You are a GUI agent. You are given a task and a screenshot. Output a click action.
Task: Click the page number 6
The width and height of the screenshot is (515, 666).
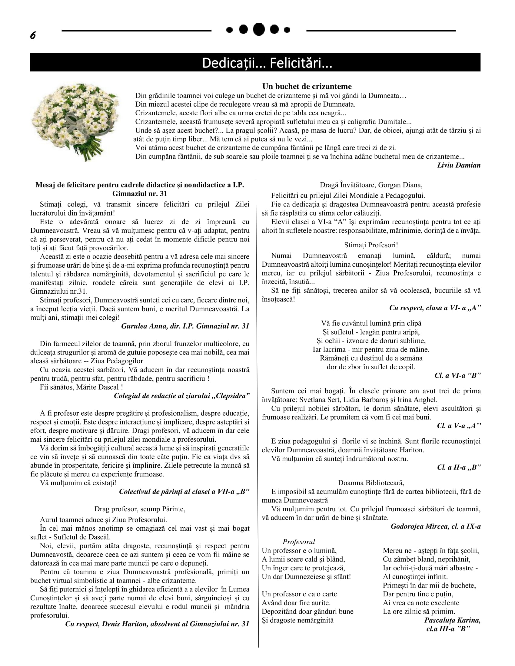coord(33,36)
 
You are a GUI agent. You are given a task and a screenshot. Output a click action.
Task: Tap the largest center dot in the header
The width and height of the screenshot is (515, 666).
coord(259,29)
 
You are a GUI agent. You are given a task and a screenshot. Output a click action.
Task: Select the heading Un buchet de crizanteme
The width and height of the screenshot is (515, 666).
coord(307,86)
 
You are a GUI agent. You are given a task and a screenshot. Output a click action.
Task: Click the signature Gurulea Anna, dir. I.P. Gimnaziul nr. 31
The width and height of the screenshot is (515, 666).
coord(185,326)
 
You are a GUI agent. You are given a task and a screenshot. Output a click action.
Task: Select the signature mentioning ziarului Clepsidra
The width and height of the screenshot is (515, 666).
coord(181,396)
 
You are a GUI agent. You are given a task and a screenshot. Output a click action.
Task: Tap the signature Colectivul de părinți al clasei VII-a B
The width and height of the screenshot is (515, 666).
coord(184,492)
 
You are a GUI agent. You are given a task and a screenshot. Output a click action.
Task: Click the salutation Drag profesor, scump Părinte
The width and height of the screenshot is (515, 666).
coord(140,509)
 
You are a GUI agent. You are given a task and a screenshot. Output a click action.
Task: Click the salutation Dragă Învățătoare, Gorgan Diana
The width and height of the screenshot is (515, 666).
coord(371,185)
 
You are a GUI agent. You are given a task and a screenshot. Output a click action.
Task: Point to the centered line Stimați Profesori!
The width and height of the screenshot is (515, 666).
coord(371,245)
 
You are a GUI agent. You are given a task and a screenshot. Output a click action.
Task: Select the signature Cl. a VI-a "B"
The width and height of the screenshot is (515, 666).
coord(457,375)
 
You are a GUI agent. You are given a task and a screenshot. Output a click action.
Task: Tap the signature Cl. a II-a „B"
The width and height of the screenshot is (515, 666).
coord(459,467)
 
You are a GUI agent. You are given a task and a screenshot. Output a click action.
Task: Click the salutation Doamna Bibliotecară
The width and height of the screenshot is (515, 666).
coord(371,483)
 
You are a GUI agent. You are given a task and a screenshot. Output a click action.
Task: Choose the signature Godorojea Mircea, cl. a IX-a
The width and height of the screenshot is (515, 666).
coord(435,526)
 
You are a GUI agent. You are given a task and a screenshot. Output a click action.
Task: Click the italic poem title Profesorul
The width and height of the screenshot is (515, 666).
coord(298,542)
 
